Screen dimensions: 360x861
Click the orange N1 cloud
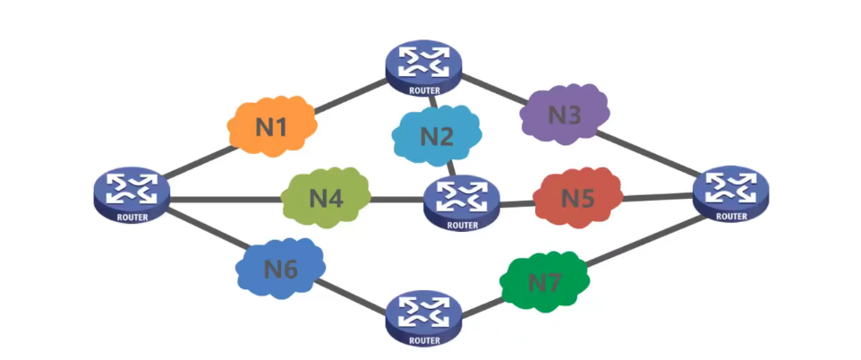pyautogui.click(x=272, y=126)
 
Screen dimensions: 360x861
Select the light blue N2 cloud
pyautogui.click(x=437, y=137)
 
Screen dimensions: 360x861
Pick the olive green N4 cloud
pyautogui.click(x=327, y=197)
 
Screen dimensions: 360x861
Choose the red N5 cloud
pyautogui.click(x=577, y=197)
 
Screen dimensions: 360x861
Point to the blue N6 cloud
pyautogui.click(x=280, y=268)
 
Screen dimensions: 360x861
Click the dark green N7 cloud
pyautogui.click(x=544, y=282)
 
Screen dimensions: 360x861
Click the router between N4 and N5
pyautogui.click(x=462, y=201)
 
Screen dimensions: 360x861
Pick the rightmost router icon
pyautogui.click(x=732, y=191)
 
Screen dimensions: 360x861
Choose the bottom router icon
pyautogui.click(x=424, y=314)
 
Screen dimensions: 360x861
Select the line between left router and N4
pyautogui.click(x=224, y=200)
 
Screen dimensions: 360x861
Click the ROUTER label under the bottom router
pyautogui.click(x=424, y=339)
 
